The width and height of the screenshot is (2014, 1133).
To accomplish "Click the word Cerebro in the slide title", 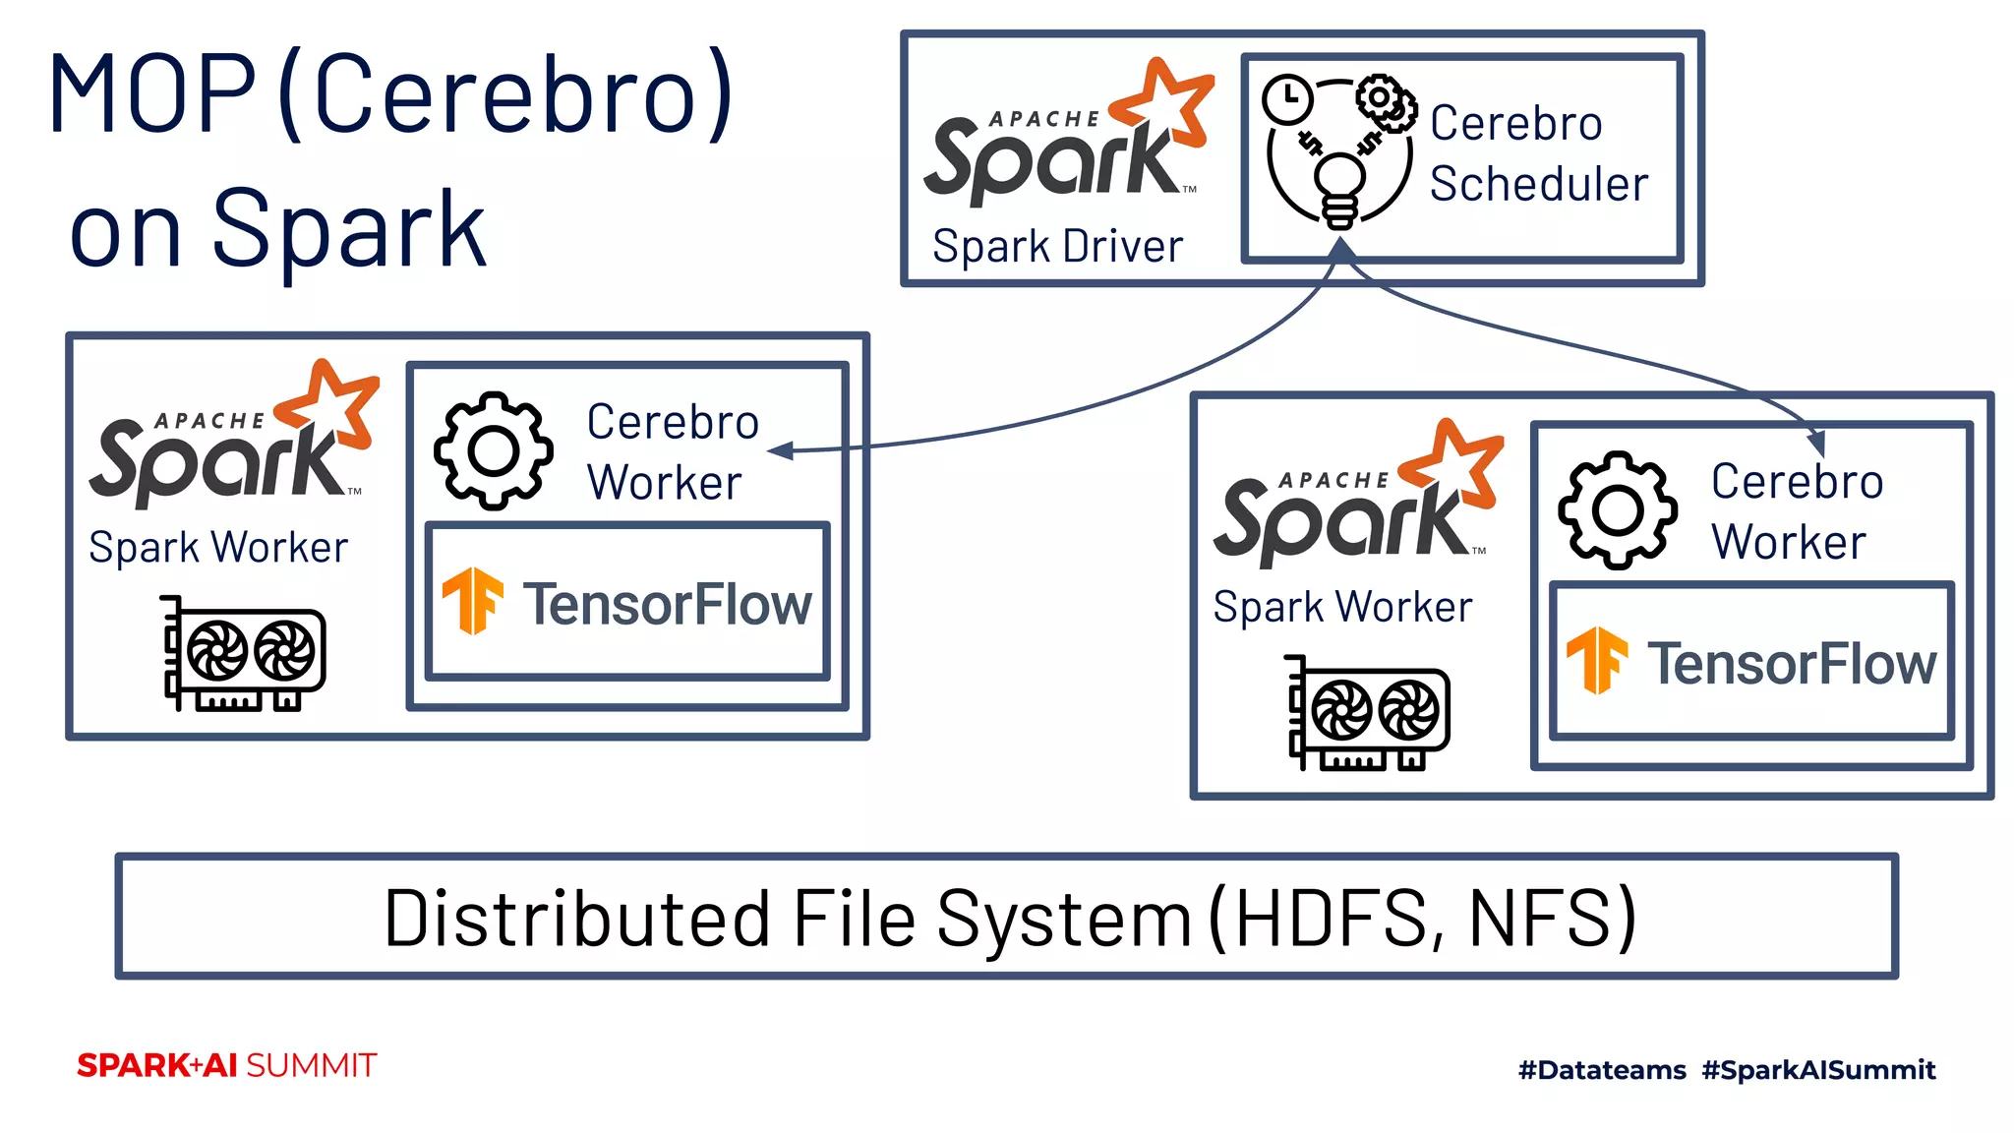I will point(506,95).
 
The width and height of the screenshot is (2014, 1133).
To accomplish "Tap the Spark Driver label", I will point(1057,246).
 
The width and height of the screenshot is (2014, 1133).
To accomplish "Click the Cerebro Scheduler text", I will point(1538,153).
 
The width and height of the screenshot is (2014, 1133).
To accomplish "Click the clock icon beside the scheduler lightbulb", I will point(1287,99).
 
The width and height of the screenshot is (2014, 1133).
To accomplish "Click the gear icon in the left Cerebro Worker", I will point(493,451).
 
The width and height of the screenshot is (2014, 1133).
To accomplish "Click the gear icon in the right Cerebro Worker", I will point(1618,510).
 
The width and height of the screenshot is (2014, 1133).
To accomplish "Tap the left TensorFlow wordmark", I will point(667,604).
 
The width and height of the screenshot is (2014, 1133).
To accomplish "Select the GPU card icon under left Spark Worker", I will point(244,653).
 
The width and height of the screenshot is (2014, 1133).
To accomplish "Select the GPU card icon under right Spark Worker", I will point(1368,712).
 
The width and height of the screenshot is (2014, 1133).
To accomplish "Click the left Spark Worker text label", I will point(218,547).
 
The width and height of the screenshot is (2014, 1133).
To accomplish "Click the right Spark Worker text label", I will point(1342,607).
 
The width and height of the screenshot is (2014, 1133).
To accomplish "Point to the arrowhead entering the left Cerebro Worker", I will point(780,451).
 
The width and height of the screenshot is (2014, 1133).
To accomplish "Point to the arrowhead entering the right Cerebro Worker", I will point(1817,445).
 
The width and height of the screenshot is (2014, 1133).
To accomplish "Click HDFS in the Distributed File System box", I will point(1335,918).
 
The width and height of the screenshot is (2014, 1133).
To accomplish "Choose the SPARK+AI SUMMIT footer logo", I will point(226,1065).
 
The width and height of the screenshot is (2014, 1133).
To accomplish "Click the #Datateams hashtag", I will point(1602,1069).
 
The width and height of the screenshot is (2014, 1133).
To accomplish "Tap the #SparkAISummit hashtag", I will point(1818,1069).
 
